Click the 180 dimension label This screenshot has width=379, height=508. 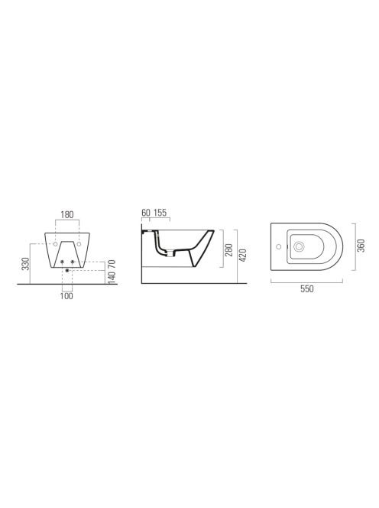67,214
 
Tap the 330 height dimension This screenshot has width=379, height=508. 26,263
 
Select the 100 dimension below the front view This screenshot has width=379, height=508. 66,296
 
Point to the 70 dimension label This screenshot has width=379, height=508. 112,264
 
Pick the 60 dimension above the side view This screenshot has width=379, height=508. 146,213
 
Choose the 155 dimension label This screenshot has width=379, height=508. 160,213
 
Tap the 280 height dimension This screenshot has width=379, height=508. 229,249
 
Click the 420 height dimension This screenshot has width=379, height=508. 243,256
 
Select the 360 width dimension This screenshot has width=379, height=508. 361,246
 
